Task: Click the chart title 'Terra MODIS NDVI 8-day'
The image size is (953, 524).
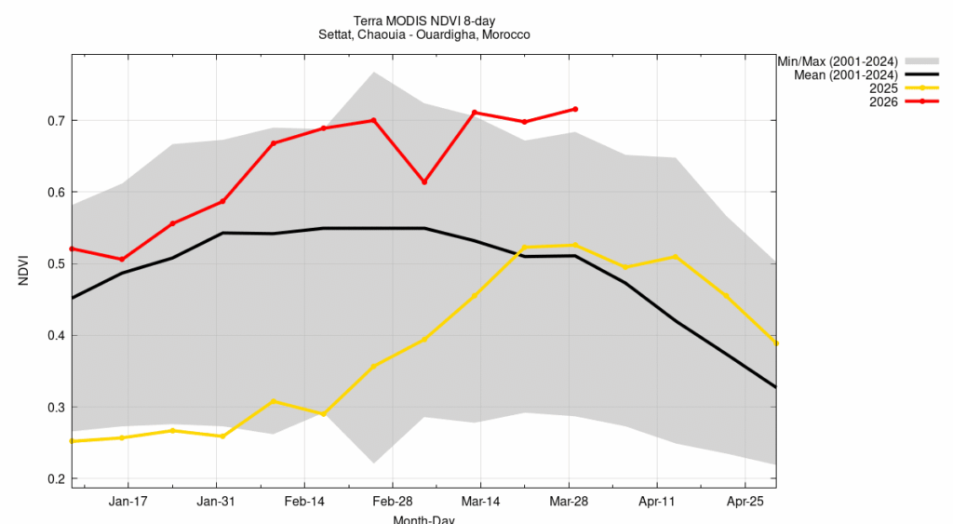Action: click(423, 20)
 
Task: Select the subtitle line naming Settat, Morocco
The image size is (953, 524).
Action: click(423, 34)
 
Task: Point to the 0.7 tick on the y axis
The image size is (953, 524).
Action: click(55, 121)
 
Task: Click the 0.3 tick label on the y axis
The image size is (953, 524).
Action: click(55, 408)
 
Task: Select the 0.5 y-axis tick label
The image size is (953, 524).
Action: click(55, 264)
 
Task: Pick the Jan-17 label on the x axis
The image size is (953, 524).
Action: click(128, 502)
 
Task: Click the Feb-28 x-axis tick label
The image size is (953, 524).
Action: click(392, 502)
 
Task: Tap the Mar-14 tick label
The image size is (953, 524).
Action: click(480, 502)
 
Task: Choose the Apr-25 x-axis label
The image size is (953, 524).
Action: click(745, 502)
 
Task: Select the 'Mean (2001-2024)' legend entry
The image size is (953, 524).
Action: click(843, 74)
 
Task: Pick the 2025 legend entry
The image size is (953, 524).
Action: click(882, 87)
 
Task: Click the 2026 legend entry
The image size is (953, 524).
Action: click(882, 101)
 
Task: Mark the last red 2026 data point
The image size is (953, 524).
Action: click(575, 109)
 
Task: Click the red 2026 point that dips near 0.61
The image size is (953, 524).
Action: click(424, 181)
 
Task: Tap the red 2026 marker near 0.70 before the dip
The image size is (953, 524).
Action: click(373, 120)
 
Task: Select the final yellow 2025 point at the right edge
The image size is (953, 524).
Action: click(776, 343)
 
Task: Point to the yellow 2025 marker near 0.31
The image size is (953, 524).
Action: click(273, 401)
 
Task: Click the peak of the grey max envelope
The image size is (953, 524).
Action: click(373, 72)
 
